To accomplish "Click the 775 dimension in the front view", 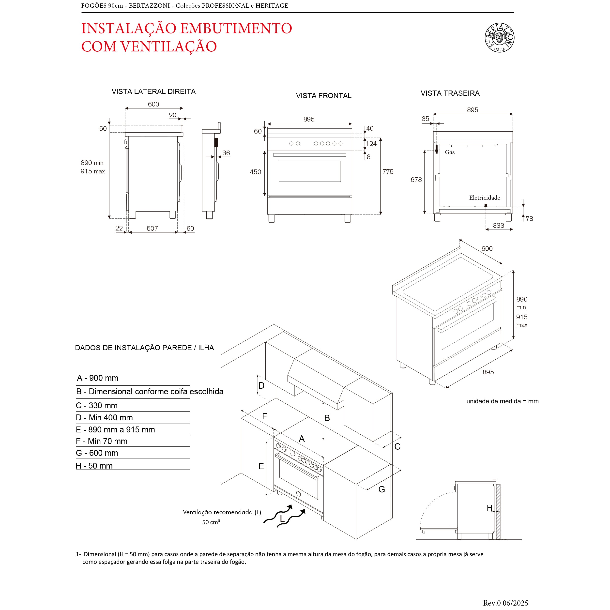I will point(388,171).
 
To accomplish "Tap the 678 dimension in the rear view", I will point(416,180).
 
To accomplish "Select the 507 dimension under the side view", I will point(152,228).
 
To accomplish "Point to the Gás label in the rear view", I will point(450,152).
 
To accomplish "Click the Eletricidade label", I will point(484,198).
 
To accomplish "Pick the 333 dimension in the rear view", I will point(498,226).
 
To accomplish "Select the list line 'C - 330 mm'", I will point(97,405).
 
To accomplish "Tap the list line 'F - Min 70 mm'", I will point(101,441).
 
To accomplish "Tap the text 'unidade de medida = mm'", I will point(502,401).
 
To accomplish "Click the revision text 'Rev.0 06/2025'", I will point(505,603).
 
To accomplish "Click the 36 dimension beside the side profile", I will point(226,153).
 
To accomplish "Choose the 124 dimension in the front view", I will point(371,144).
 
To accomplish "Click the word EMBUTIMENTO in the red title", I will point(236,29).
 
